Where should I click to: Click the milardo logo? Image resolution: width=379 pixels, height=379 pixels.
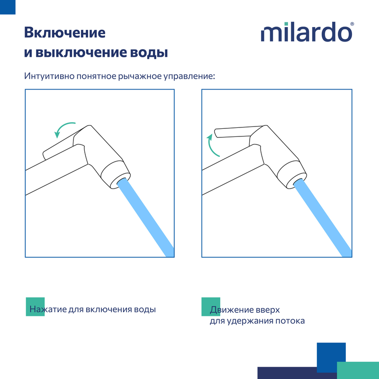(x=306, y=32)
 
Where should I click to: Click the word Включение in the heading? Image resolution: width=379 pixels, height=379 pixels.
(x=65, y=33)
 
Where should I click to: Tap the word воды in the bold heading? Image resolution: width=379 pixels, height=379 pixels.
(x=149, y=53)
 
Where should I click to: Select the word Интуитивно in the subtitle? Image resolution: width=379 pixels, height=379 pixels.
(x=49, y=76)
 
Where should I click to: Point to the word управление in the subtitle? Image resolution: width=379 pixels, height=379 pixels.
(x=189, y=77)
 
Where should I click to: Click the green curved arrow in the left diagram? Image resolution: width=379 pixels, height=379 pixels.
(x=62, y=126)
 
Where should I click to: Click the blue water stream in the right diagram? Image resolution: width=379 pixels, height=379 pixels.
(x=323, y=217)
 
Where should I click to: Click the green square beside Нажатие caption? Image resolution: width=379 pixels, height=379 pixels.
(x=35, y=307)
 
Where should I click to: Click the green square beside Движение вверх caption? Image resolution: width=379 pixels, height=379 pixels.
(x=211, y=307)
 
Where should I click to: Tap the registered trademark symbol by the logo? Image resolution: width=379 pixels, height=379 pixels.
(x=352, y=24)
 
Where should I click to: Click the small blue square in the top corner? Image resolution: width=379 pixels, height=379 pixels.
(x=8, y=7)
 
